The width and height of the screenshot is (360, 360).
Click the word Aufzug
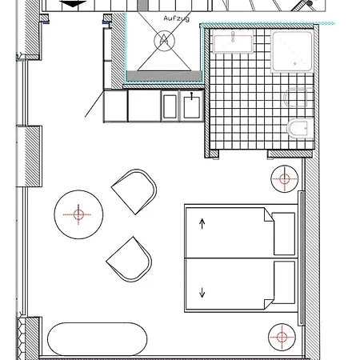click(x=177, y=18)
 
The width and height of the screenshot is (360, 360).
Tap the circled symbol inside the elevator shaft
click(x=165, y=41)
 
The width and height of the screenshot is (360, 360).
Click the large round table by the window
click(x=78, y=214)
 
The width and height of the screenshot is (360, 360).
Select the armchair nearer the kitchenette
click(x=135, y=190)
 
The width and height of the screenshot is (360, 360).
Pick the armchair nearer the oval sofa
click(x=130, y=259)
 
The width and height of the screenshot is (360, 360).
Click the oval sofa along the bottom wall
click(x=98, y=339)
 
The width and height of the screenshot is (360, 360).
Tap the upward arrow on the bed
click(x=202, y=223)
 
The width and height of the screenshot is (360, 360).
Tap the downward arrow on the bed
click(x=202, y=292)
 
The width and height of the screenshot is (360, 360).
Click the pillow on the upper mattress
click(x=284, y=234)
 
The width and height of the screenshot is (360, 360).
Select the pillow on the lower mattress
click(x=284, y=282)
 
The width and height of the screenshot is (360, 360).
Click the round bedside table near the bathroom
click(x=284, y=178)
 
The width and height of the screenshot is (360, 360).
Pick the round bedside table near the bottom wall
click(x=282, y=337)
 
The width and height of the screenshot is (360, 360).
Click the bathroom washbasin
click(x=234, y=41)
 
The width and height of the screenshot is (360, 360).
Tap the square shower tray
click(x=292, y=51)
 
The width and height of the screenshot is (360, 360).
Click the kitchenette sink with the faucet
click(x=192, y=106)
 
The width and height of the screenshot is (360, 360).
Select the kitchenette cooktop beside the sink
click(x=170, y=106)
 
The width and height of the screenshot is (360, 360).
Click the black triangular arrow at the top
click(x=73, y=4)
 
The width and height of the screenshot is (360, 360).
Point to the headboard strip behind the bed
click(x=302, y=258)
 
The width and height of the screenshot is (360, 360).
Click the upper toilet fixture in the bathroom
click(x=298, y=98)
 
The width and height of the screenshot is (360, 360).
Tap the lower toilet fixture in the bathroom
click(x=300, y=128)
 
